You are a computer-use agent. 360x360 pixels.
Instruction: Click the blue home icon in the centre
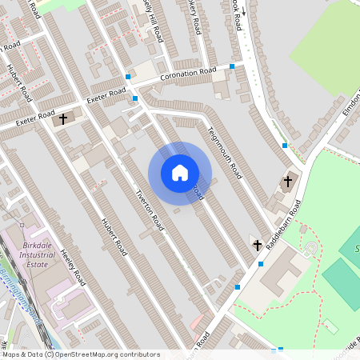[x=180, y=173]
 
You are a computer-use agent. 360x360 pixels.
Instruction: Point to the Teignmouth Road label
[x=224, y=152]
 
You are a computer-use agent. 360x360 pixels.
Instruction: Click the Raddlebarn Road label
[x=285, y=227]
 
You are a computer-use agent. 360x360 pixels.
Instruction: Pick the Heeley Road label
[x=73, y=267]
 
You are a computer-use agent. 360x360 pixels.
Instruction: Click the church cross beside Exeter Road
[x=63, y=120]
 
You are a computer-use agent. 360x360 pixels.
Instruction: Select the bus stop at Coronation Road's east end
[x=232, y=66]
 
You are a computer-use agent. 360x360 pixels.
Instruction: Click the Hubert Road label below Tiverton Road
[x=114, y=237]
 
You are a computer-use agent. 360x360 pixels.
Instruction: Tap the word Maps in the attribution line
[x=10, y=354]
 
